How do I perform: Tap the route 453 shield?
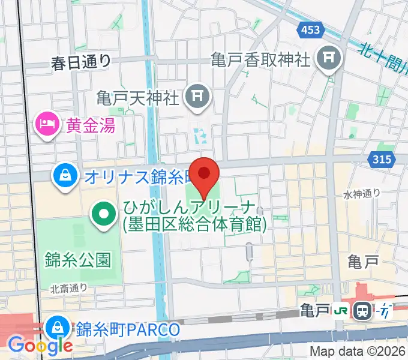(x=310, y=29)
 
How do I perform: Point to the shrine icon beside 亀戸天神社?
(x=196, y=94)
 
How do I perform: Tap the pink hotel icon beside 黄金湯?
(x=46, y=125)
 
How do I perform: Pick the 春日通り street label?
(x=82, y=60)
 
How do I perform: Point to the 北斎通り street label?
(x=69, y=289)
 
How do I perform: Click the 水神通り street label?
(x=362, y=193)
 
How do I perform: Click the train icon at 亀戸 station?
(x=362, y=311)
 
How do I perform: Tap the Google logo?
(x=40, y=345)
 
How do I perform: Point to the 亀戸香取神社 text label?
(x=260, y=59)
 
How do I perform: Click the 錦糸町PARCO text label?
(x=128, y=329)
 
